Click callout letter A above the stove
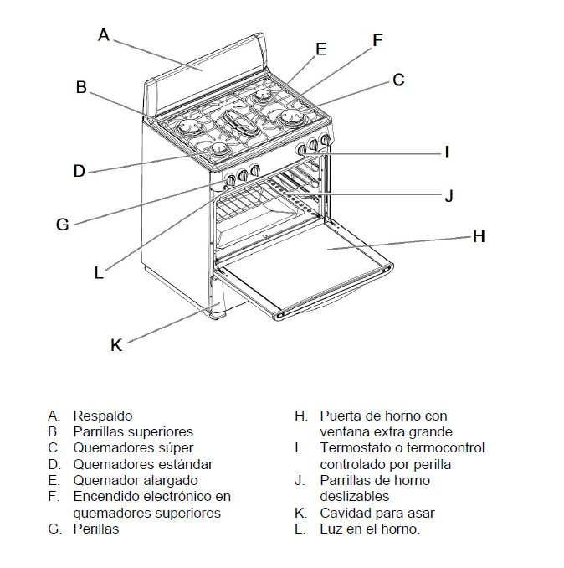(104, 35)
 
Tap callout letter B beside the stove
(81, 86)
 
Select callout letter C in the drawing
(398, 80)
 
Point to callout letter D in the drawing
(79, 171)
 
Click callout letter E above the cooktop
(320, 49)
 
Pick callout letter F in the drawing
(377, 39)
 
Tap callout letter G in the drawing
(62, 225)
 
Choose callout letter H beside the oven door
(479, 237)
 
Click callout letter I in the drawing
(447, 152)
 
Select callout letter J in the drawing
(449, 196)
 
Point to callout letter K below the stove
(116, 344)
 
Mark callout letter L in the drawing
(99, 272)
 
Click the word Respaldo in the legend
(103, 416)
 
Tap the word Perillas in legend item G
(96, 529)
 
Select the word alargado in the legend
(171, 481)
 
